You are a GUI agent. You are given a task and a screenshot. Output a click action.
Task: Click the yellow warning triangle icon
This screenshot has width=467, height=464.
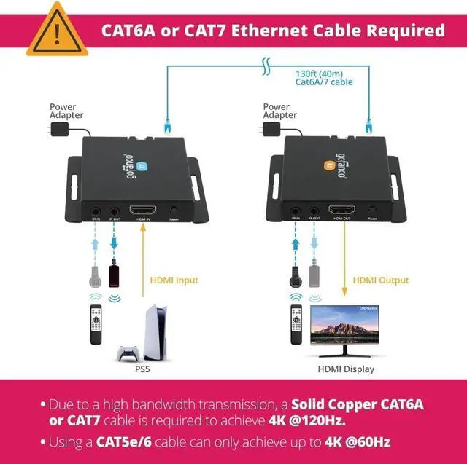tap(57, 31)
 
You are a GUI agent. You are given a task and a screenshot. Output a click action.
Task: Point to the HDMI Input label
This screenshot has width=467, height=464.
tap(174, 280)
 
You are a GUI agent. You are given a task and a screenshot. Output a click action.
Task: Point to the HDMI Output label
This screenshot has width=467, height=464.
tap(381, 280)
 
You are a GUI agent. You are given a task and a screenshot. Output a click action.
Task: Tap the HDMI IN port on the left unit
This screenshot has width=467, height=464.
tap(141, 211)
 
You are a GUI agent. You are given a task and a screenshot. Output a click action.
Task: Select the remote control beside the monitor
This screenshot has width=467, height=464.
tap(296, 325)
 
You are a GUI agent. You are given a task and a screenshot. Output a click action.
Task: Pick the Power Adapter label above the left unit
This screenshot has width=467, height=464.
tap(66, 111)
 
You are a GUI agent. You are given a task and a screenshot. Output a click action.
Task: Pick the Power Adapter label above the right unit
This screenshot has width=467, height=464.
tap(280, 111)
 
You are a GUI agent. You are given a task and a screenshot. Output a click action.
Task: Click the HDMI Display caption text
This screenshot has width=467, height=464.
tap(346, 369)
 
